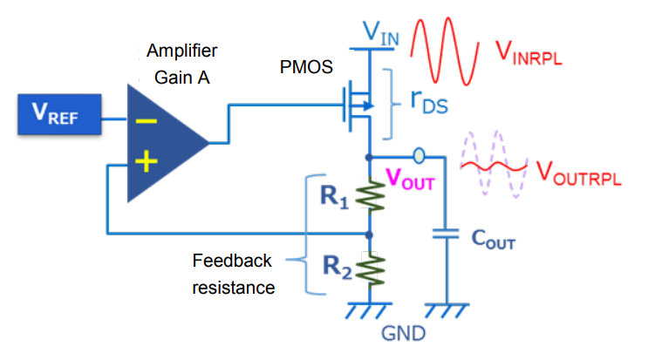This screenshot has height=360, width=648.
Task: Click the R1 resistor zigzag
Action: click(x=370, y=197)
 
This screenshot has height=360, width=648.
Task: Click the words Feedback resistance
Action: click(x=232, y=274)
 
